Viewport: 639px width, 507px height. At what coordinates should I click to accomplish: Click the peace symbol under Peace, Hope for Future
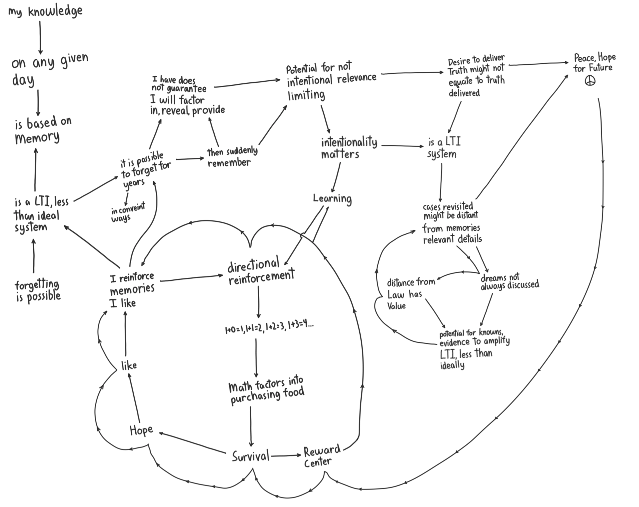pos(590,81)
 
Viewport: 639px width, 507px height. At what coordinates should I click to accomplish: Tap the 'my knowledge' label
pos(45,11)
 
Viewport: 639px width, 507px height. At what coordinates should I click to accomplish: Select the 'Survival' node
pos(251,457)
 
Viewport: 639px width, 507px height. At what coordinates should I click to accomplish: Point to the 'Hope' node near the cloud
pos(141,431)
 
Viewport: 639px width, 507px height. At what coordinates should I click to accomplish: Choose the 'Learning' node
pos(332,199)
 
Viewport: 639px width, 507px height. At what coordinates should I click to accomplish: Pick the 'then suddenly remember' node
pos(232,157)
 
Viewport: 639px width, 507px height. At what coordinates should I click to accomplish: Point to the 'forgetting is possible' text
pos(37,291)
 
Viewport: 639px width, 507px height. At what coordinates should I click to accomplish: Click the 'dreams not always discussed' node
pos(509,282)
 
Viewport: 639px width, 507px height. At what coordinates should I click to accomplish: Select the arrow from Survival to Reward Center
pos(286,456)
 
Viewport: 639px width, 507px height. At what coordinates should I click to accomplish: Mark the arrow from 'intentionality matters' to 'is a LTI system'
pos(402,146)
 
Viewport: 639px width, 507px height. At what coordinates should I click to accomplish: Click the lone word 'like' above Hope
pos(129,365)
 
